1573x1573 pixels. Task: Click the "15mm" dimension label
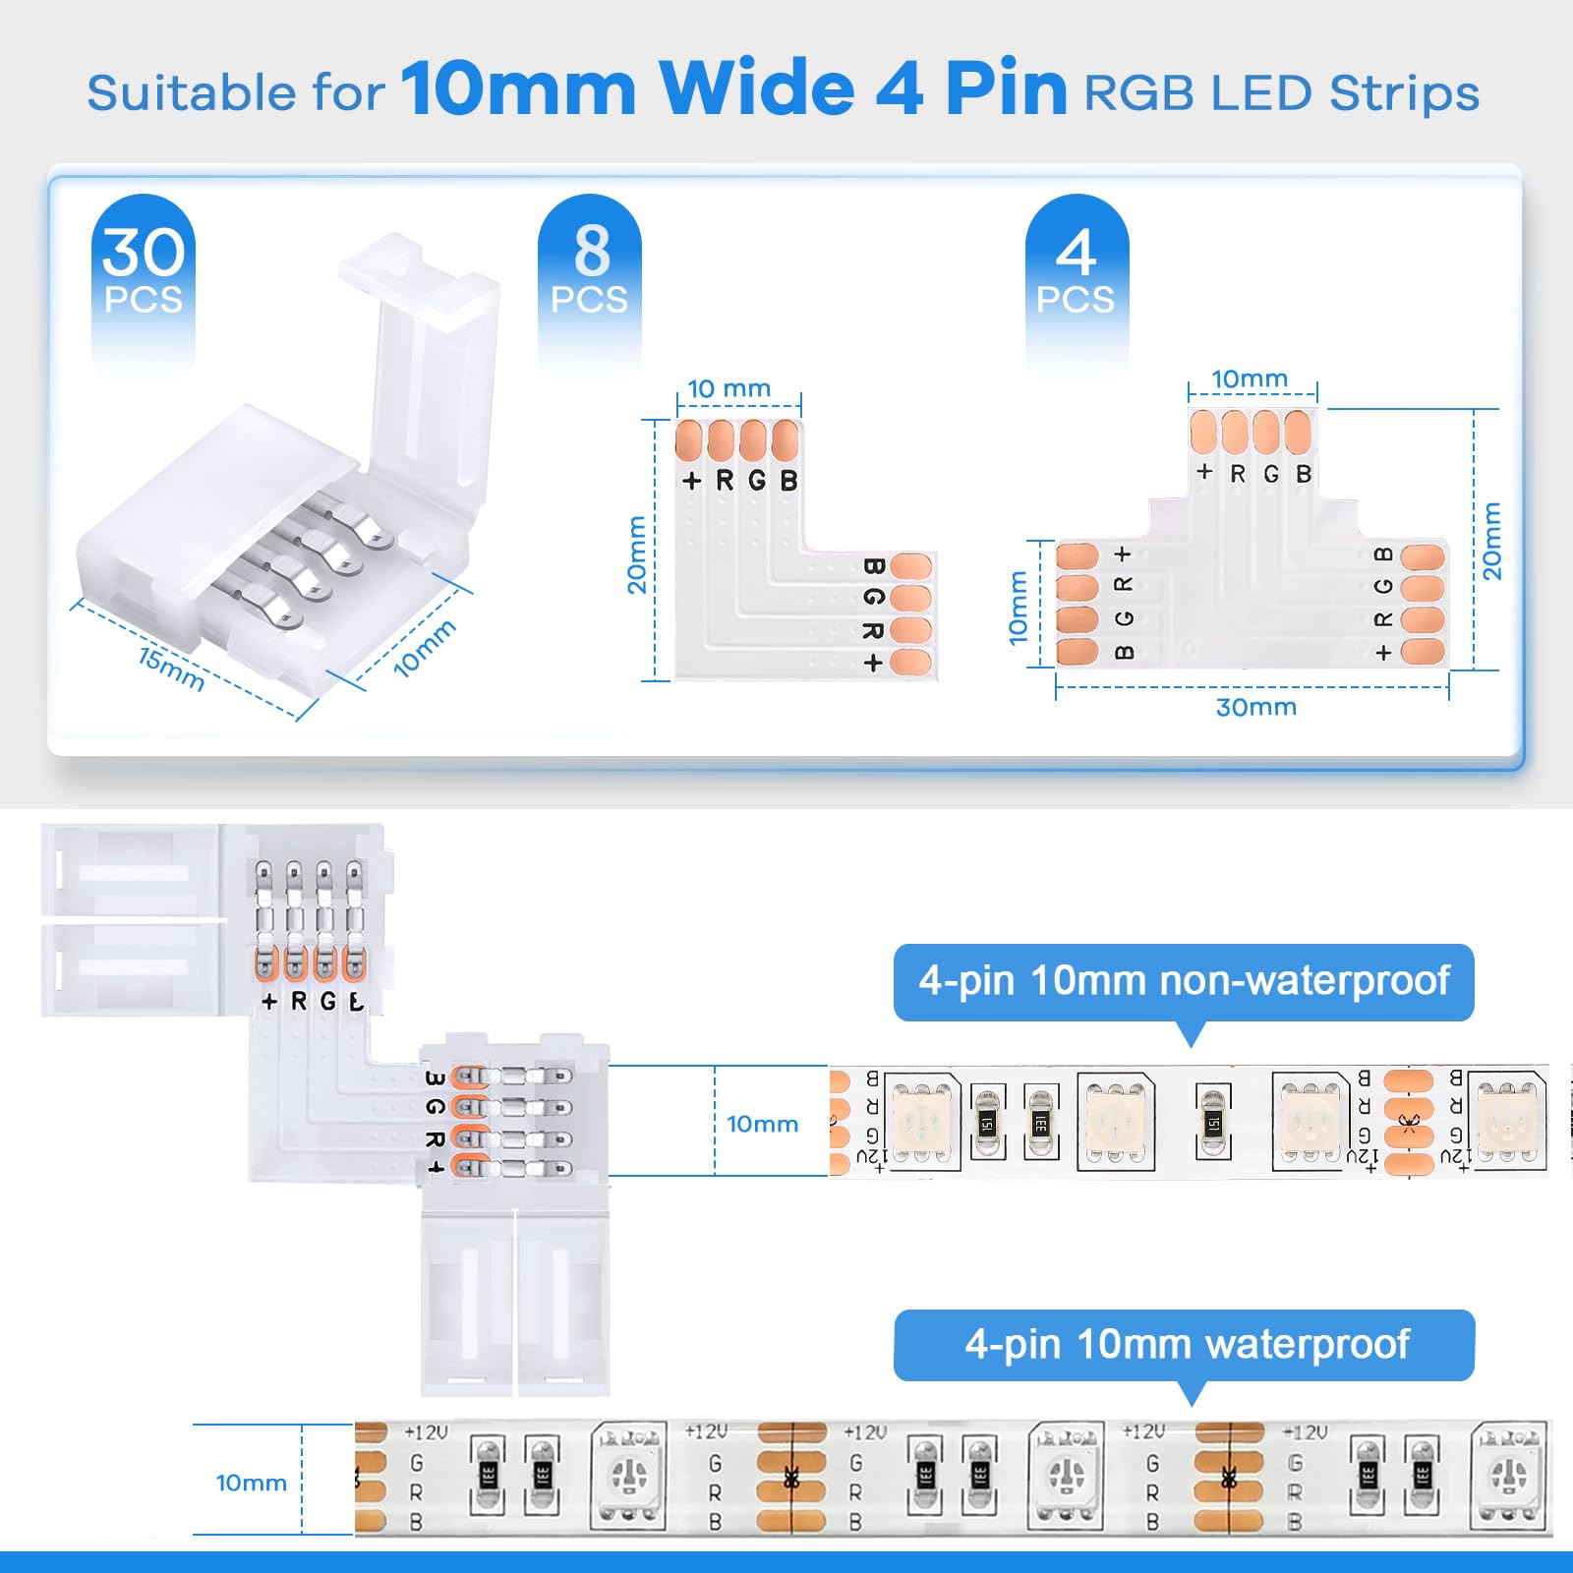pos(171,670)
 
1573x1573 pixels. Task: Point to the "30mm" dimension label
pos(1255,707)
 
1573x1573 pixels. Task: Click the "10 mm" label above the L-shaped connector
pos(728,389)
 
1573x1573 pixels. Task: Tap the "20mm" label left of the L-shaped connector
pos(637,554)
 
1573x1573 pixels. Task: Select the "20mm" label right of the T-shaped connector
pos(1491,541)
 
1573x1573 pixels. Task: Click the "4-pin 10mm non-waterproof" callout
pos(1184,981)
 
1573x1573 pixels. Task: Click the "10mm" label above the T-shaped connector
pos(1249,379)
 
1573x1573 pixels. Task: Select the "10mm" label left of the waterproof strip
pos(251,1483)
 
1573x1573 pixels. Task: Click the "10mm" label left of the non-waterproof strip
pos(762,1124)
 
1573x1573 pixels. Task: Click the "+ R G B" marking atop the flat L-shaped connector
pos(739,481)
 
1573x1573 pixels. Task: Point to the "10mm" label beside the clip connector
pos(424,648)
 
